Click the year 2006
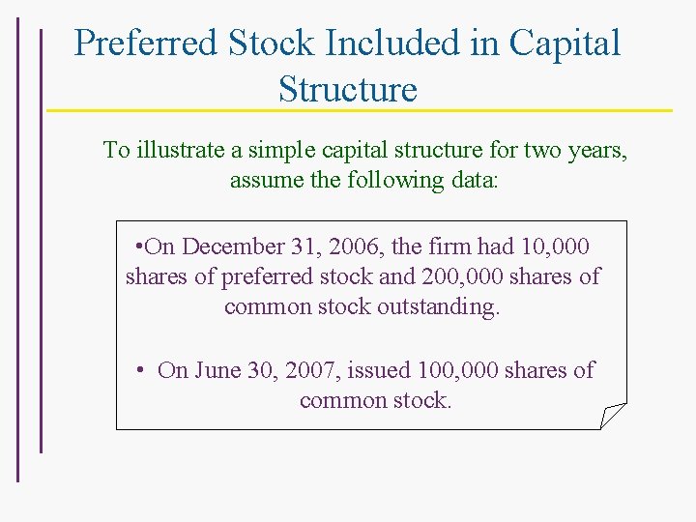354,246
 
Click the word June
217,370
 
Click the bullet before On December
141,246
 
